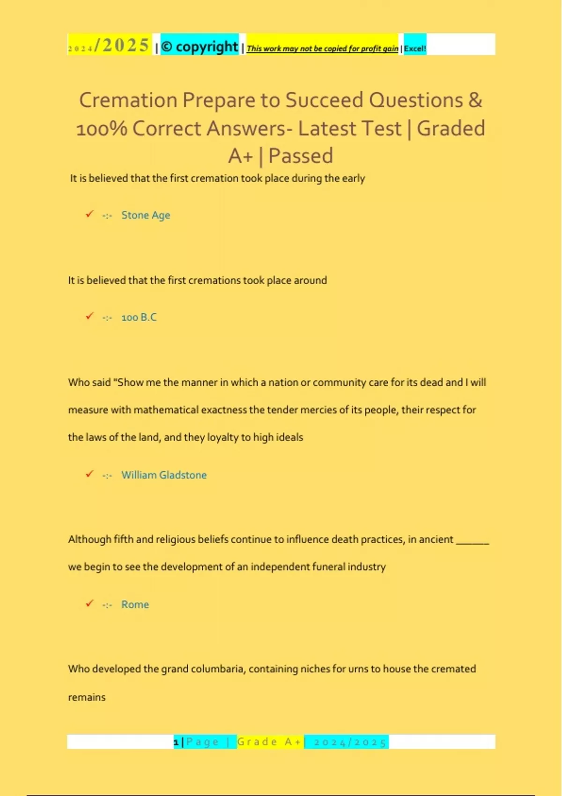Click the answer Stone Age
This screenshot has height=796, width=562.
[x=146, y=215]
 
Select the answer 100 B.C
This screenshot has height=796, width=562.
[x=139, y=317]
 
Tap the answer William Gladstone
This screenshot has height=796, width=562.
[x=164, y=475]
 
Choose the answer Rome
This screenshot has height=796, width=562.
[x=135, y=604]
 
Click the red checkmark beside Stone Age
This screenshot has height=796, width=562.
[x=89, y=214]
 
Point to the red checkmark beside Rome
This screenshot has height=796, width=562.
[x=89, y=603]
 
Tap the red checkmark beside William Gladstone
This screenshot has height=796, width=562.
[x=89, y=474]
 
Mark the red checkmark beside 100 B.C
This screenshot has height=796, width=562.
[x=89, y=316]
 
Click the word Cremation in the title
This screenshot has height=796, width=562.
[x=128, y=100]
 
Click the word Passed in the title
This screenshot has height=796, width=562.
[x=301, y=156]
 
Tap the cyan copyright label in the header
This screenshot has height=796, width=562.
[x=200, y=46]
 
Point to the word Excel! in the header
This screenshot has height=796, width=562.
[x=415, y=48]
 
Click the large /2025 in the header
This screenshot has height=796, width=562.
[x=122, y=45]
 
